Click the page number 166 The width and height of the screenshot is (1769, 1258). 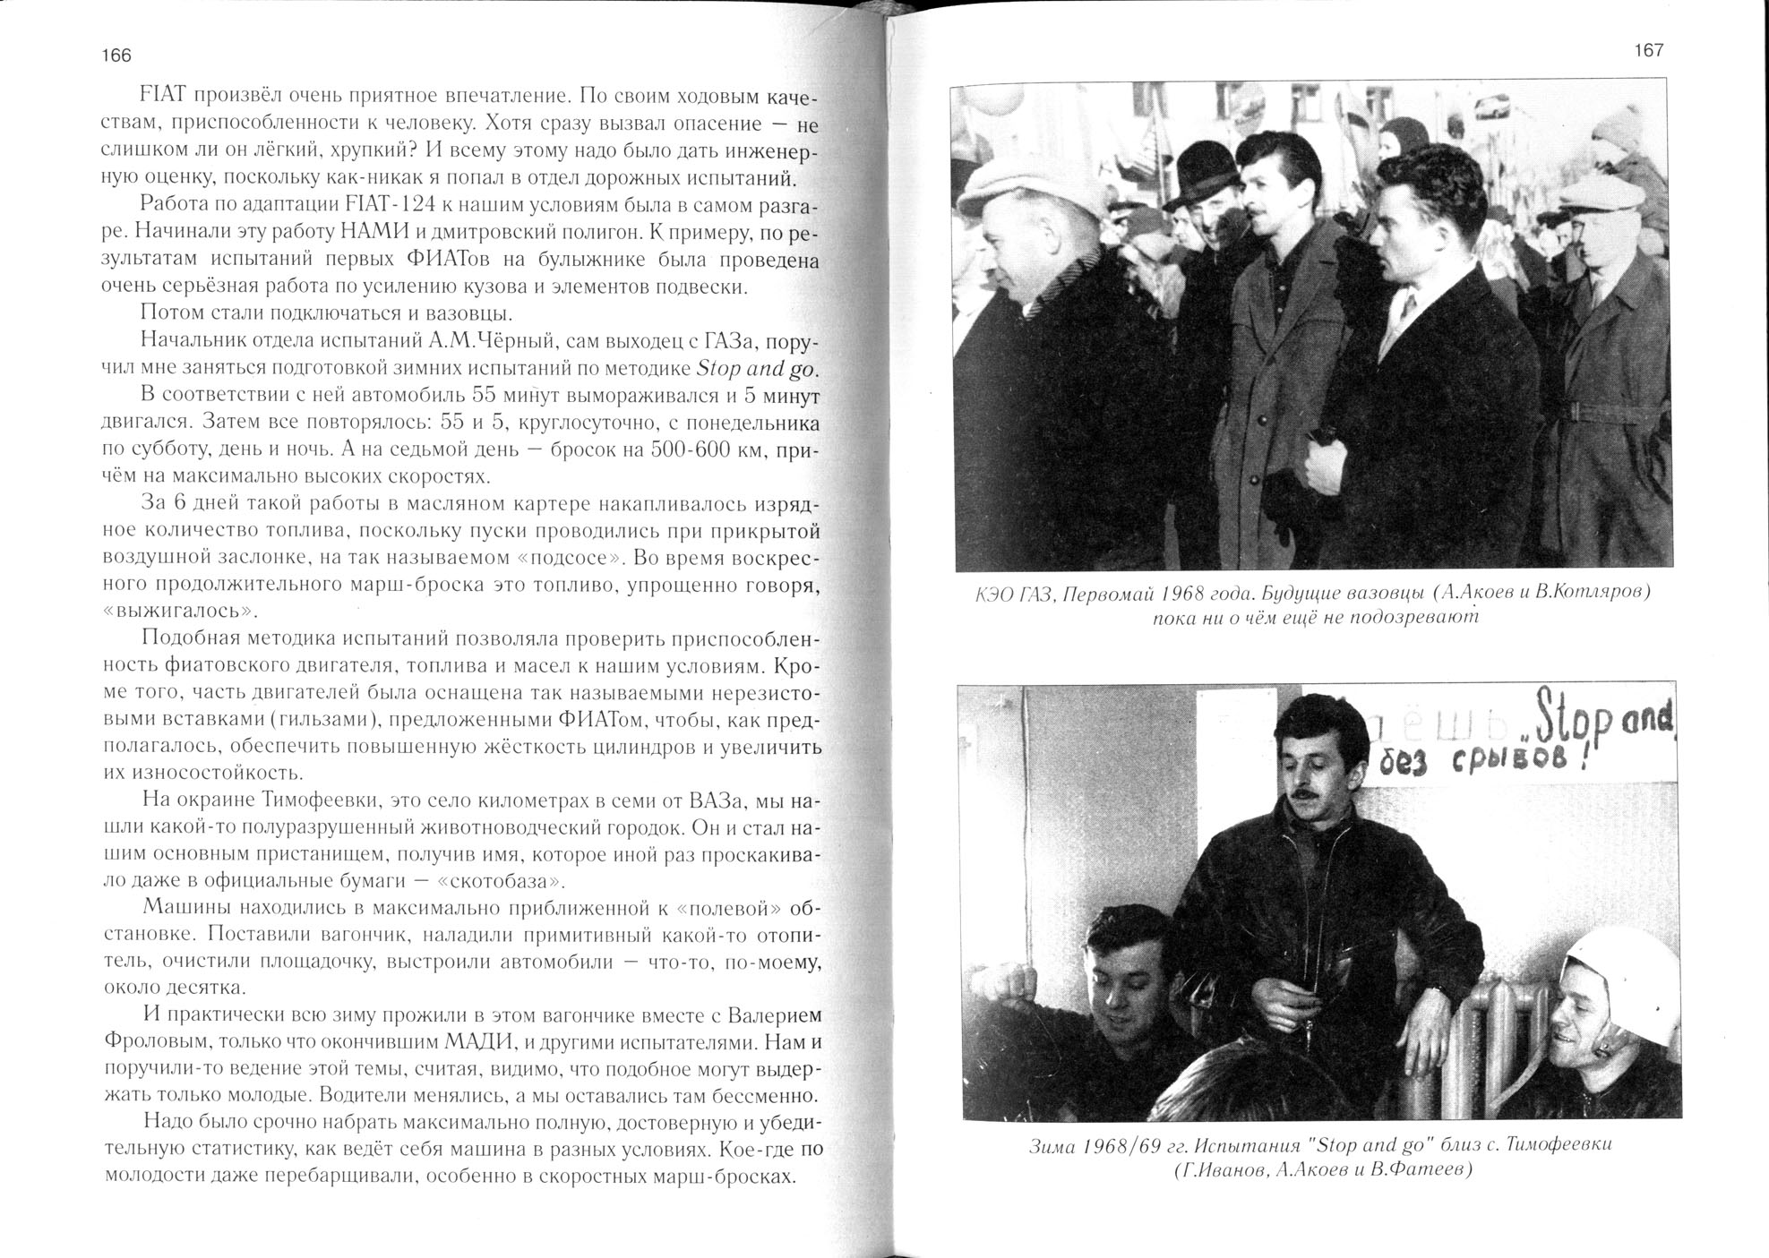pos(116,56)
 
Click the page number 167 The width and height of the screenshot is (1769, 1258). pos(1648,51)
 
